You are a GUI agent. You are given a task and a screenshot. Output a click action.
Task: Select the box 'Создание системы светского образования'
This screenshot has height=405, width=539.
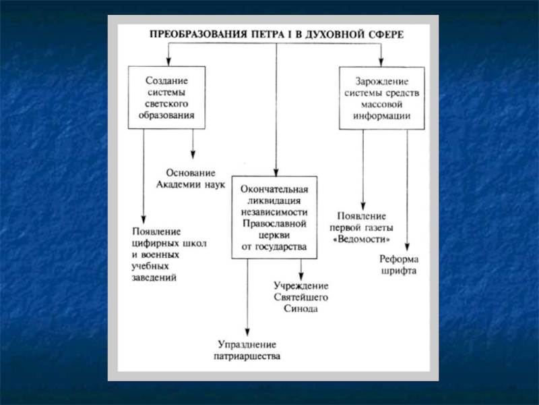pyautogui.click(x=166, y=97)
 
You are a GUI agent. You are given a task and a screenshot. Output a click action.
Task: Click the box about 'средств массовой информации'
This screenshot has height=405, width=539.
pyautogui.click(x=381, y=98)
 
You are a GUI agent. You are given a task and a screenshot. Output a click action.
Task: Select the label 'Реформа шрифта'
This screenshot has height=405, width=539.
pyautogui.click(x=399, y=265)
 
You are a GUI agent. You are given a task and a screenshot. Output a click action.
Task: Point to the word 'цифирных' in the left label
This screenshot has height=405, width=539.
pyautogui.click(x=156, y=242)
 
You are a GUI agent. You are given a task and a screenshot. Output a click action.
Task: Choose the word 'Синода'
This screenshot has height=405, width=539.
pyautogui.click(x=300, y=308)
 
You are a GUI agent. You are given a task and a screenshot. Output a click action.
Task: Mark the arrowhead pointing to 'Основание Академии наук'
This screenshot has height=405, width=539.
pyautogui.click(x=194, y=155)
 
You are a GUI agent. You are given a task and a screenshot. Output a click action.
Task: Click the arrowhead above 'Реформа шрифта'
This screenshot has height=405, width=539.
pyautogui.click(x=407, y=245)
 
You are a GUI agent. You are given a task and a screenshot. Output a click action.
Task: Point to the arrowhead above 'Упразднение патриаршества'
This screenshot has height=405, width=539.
pyautogui.click(x=247, y=331)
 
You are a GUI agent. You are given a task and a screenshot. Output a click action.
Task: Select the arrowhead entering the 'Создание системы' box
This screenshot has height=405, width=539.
pyautogui.click(x=168, y=61)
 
